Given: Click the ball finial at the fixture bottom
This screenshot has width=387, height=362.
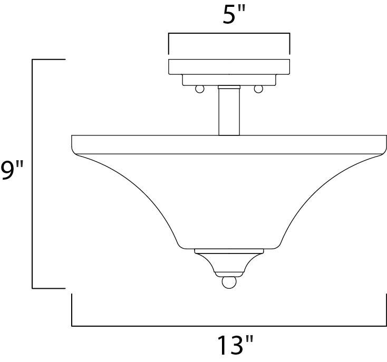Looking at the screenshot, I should click(228, 282).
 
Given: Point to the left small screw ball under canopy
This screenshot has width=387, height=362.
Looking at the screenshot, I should click(200, 89).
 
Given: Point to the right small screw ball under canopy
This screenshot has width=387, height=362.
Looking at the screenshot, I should click(258, 89).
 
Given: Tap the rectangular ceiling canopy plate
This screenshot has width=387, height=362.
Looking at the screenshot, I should click(229, 66).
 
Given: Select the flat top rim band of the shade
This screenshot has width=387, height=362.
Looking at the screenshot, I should click(229, 144).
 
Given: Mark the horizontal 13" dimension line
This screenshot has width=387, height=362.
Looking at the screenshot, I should click(228, 326).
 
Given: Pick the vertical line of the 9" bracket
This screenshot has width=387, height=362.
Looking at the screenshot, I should click(33, 174).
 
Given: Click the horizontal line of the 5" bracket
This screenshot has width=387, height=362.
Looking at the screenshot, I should click(229, 34).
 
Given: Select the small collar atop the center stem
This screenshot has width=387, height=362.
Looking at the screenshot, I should click(229, 87).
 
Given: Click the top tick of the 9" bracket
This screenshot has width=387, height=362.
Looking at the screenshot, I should click(49, 60).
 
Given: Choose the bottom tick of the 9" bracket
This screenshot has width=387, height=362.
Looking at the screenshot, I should click(49, 288).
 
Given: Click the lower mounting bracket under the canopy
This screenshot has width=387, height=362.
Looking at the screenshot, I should click(229, 80).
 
